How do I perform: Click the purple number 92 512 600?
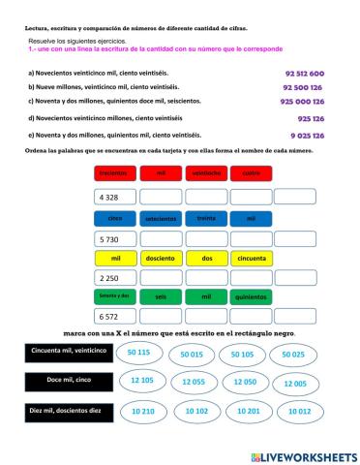click(x=304, y=74)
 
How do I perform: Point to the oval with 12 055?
click(x=192, y=382)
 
